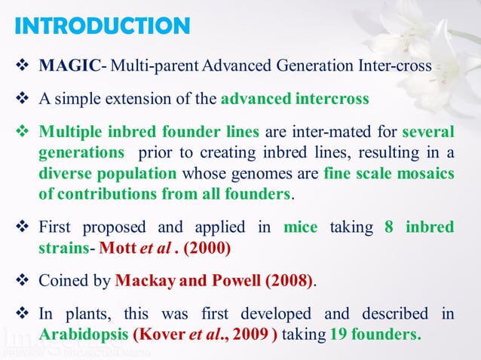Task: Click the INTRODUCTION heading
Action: pyautogui.click(x=102, y=26)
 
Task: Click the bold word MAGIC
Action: pyautogui.click(x=69, y=66)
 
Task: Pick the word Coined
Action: pyautogui.click(x=63, y=281)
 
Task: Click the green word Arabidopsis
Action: pyautogui.click(x=83, y=334)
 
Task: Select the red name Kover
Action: pyautogui.click(x=155, y=334)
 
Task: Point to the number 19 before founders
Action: pyautogui.click(x=338, y=334)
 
